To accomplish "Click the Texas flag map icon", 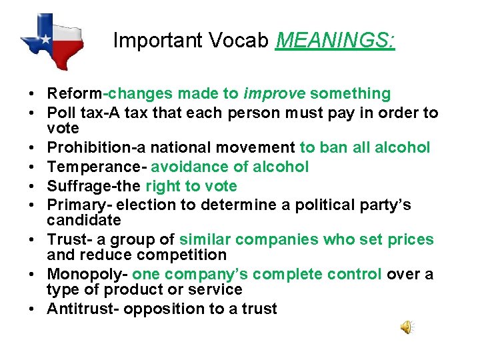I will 51,40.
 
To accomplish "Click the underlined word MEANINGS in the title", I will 335,41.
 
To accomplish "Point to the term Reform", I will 69,94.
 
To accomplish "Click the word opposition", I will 163,309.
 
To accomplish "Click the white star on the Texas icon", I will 45,39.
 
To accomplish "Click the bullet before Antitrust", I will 33,309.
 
